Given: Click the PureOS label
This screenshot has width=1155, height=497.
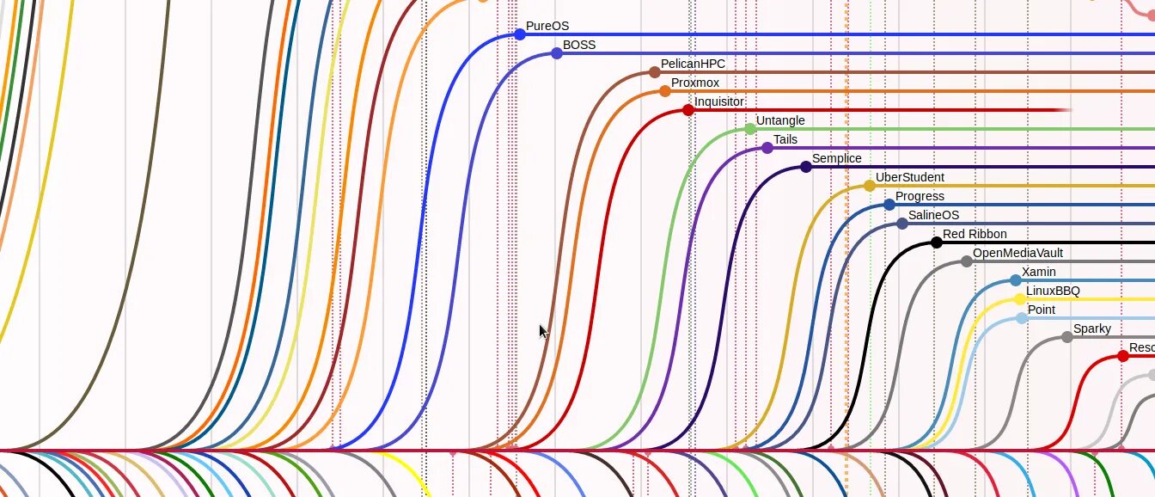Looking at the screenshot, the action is coord(547,27).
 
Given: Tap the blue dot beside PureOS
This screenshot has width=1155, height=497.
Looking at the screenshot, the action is coord(519,34).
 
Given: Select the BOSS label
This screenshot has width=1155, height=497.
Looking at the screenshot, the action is coord(578,46).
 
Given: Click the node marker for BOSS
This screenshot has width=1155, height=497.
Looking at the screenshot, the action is coord(556,53).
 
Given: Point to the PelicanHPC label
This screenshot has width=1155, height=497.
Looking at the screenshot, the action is coord(693,64).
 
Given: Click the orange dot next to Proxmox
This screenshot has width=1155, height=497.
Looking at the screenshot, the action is coord(664,91).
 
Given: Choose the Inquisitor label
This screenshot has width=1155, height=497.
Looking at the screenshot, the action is coord(719,102).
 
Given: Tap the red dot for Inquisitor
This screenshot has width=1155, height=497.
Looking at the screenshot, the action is coord(687,110).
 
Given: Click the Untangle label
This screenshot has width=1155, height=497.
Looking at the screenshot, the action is coord(780,121).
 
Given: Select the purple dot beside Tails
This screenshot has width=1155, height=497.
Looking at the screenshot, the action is coord(767,148).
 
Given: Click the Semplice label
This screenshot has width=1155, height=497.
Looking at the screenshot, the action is coord(836,159).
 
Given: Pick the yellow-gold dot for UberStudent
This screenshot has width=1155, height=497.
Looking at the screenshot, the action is coord(869,186).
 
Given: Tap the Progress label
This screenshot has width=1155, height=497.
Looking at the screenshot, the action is coord(920,197).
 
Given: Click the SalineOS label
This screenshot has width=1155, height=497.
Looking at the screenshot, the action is coord(933,216).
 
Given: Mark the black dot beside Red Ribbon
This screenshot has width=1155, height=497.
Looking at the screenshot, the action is coord(936,242).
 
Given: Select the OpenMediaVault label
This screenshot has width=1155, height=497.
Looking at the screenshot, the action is coord(1017,254).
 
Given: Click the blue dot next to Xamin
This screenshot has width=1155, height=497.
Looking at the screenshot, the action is coord(1016,280).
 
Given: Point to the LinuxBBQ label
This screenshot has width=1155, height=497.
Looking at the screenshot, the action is coord(1053,291).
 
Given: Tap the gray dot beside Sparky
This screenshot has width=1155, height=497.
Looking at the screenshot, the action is coord(1066,337).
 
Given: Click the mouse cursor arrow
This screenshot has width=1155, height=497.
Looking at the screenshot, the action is coord(543,332).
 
